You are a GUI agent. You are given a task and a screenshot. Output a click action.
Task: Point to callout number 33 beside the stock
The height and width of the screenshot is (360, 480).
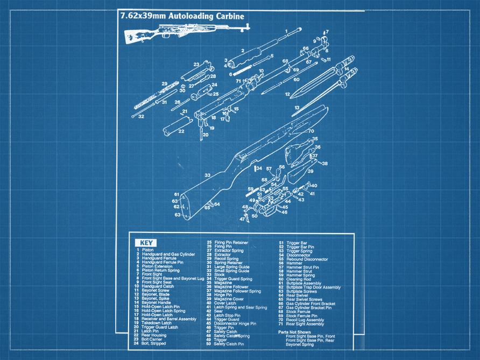coord(207,175)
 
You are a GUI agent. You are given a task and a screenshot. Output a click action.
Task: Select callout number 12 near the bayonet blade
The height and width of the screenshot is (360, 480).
coord(287,94)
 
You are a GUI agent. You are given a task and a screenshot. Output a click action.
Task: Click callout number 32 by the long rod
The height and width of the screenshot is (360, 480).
coord(141,116)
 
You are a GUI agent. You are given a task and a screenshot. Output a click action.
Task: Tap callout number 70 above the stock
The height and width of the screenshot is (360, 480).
coord(311,131)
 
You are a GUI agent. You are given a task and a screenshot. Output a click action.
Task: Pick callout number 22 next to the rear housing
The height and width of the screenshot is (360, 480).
coord(181,131)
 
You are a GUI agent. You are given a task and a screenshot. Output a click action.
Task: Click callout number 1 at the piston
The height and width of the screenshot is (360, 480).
coord(286,31)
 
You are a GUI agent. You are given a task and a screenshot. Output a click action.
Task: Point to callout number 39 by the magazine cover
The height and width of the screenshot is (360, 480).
coord(310,171)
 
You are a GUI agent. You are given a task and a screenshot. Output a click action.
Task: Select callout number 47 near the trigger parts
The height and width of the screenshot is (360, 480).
coord(242,219)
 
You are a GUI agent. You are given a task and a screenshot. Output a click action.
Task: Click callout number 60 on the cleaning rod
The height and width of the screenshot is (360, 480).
coord(296,79)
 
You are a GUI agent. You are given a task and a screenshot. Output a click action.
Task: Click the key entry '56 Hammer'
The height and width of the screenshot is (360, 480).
coord(291,263)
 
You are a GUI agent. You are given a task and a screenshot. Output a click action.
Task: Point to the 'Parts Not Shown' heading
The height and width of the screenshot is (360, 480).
coord(294,331)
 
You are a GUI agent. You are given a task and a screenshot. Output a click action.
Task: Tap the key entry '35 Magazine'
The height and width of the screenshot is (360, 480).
coord(223,283)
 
